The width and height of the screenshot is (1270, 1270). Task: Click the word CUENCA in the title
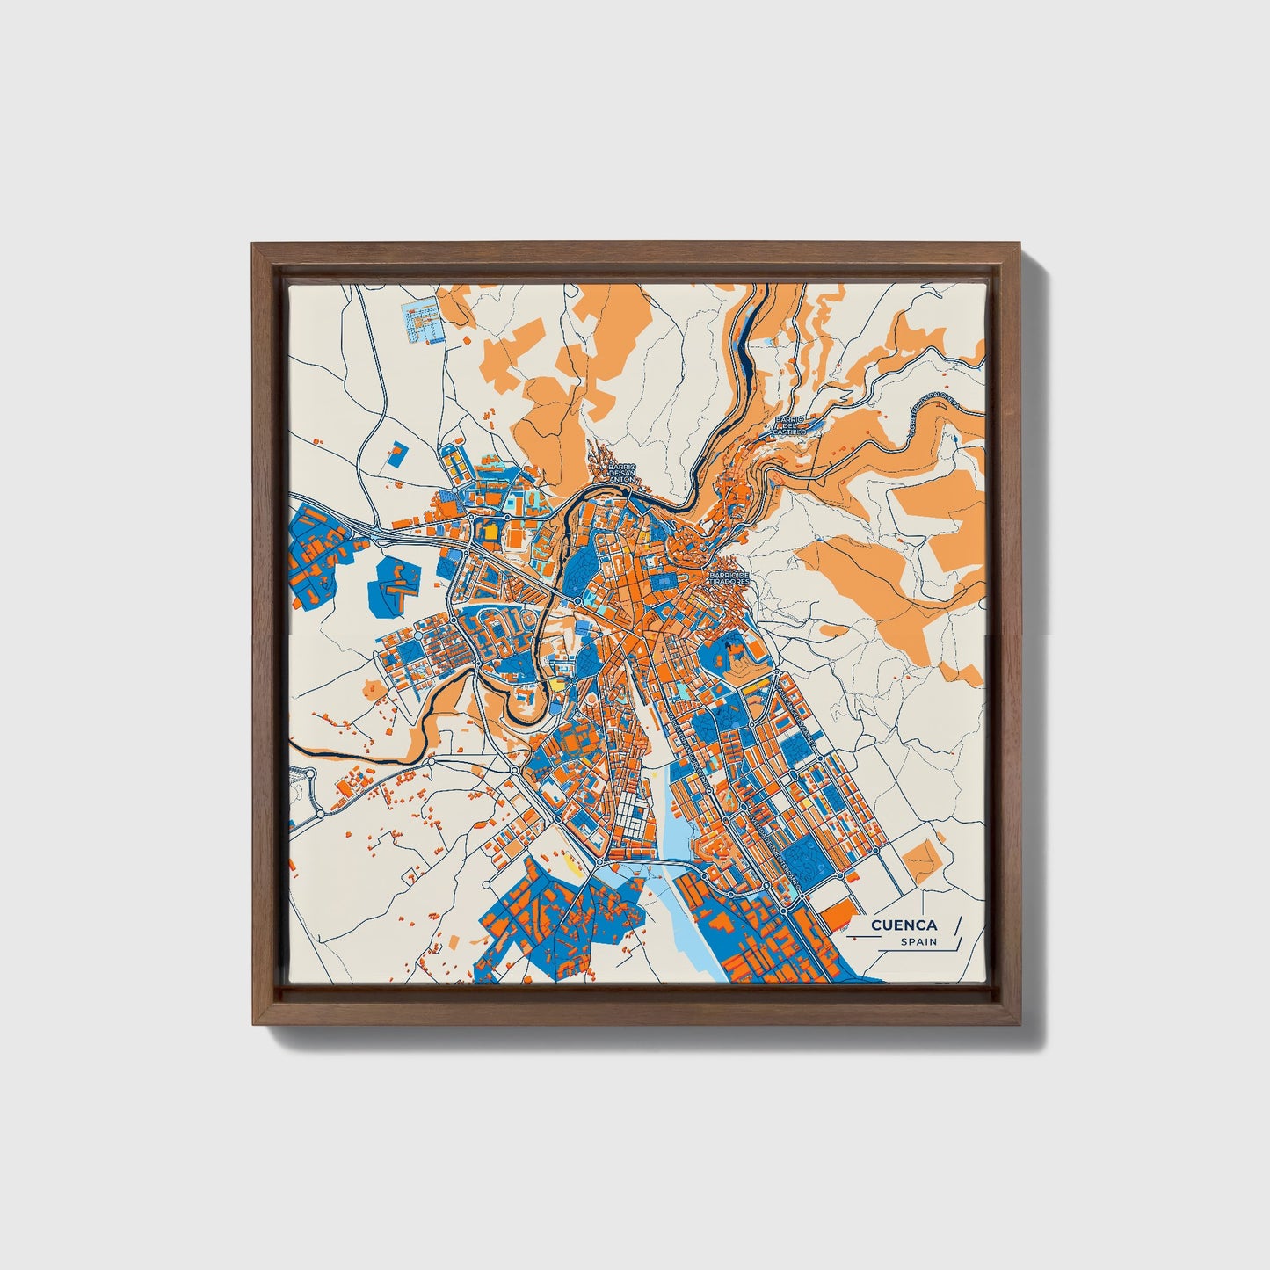click(x=904, y=925)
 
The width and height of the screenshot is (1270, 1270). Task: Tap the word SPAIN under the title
click(x=918, y=942)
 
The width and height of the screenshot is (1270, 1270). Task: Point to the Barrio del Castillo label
click(x=787, y=424)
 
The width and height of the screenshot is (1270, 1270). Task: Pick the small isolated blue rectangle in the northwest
click(x=396, y=453)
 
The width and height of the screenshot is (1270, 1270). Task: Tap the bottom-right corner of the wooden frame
click(x=1018, y=1025)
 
